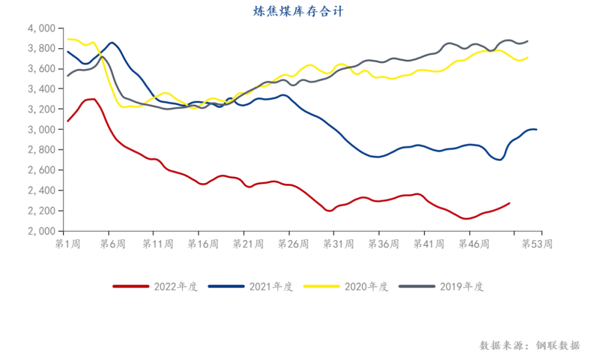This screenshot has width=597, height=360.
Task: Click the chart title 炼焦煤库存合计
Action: (x=298, y=11)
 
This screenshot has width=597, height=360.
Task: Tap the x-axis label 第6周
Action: (x=112, y=244)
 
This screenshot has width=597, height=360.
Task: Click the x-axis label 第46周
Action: (x=473, y=244)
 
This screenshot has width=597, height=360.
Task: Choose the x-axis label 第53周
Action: (x=537, y=244)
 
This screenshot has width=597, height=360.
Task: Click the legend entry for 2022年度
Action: (x=155, y=286)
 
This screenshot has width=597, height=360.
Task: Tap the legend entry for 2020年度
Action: (x=345, y=286)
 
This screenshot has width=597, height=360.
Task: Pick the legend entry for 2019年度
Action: (x=441, y=286)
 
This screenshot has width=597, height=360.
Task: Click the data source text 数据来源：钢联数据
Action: (x=530, y=346)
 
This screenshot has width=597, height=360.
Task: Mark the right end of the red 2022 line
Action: (x=509, y=203)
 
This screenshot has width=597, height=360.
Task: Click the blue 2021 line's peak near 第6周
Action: (x=112, y=43)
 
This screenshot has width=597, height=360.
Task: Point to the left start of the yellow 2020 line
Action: (x=67, y=39)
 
